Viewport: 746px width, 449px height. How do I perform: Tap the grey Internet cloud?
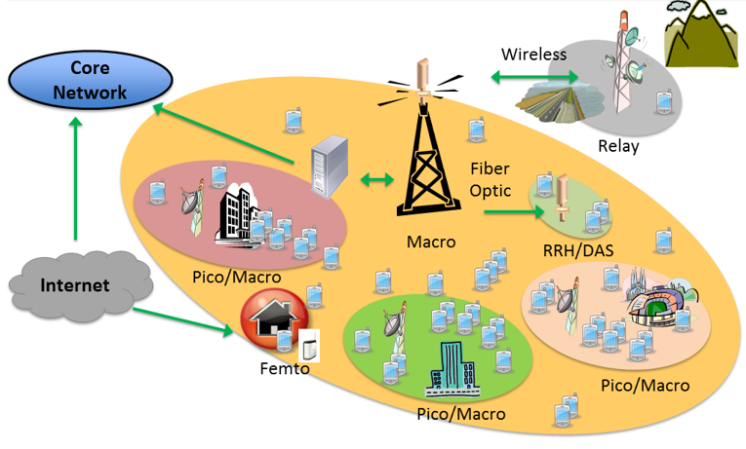click(x=74, y=285)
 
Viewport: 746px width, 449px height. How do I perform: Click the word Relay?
click(x=619, y=147)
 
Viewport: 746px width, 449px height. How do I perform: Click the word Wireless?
click(x=533, y=55)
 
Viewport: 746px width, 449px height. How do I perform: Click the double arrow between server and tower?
click(x=375, y=179)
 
